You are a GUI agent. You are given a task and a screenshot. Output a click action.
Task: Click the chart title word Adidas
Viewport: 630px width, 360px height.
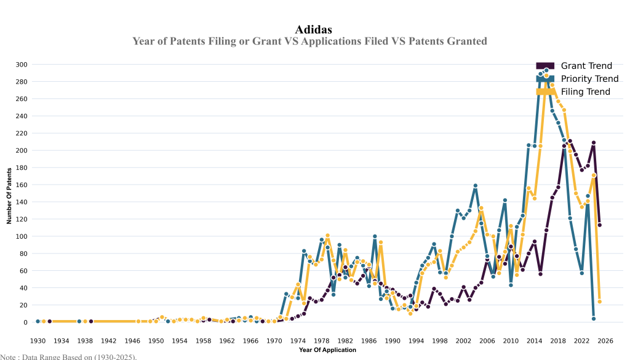tap(314, 29)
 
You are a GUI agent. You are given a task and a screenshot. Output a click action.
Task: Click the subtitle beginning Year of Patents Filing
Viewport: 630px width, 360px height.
tap(309, 41)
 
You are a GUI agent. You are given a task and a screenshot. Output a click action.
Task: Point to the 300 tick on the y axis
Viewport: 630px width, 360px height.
tap(22, 65)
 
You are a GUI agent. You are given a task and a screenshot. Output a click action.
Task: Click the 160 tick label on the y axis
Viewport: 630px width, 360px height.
tap(22, 185)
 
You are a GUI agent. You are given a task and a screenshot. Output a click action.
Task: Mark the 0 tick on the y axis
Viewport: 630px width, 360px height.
tap(25, 322)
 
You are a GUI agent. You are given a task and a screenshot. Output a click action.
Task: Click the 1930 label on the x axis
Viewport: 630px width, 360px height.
tap(38, 340)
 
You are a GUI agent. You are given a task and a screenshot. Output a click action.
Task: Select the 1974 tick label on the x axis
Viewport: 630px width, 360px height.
tap(298, 340)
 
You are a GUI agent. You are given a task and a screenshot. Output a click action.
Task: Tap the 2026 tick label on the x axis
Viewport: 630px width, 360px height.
tap(605, 340)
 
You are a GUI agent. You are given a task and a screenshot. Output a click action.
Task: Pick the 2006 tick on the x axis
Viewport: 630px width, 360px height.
tap(487, 340)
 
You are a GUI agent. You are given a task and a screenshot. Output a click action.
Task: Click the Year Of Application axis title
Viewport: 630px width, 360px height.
tap(327, 350)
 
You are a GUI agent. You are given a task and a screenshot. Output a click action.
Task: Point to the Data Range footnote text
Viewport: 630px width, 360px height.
tap(68, 356)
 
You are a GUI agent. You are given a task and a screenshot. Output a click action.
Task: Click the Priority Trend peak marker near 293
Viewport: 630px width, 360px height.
tap(546, 70)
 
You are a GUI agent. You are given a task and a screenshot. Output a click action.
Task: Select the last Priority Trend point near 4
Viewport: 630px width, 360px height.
tap(594, 319)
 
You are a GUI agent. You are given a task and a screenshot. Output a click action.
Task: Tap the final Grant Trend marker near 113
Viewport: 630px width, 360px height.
tap(599, 225)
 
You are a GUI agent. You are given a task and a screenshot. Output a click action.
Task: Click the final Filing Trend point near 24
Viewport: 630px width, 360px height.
tap(599, 302)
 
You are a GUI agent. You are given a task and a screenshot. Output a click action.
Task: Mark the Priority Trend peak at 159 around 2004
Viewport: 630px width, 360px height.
tap(476, 186)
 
